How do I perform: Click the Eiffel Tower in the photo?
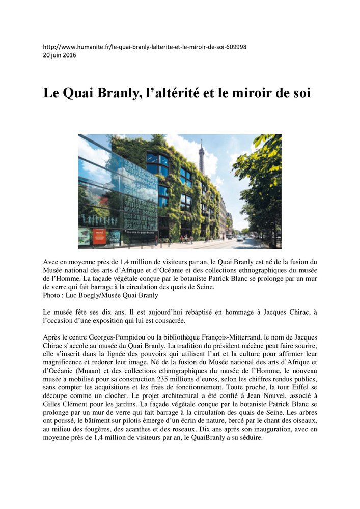tap(201, 155)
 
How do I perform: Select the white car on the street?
tap(239, 237)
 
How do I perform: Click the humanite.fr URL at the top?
tap(145, 47)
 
